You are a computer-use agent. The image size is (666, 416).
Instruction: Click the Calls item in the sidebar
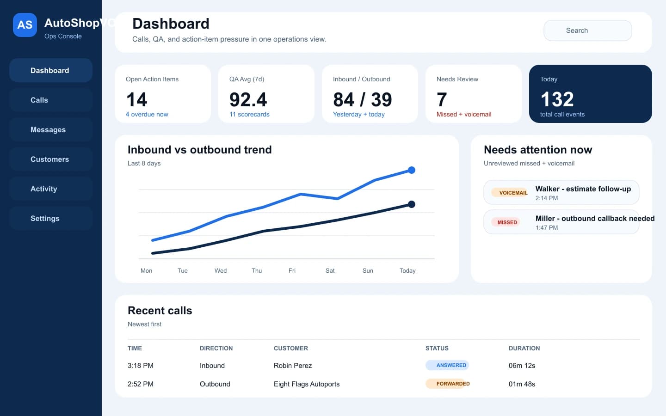point(50,100)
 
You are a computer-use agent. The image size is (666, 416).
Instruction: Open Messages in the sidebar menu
point(50,130)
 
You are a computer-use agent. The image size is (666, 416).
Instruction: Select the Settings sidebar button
point(50,219)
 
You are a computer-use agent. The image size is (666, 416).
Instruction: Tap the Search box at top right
point(587,31)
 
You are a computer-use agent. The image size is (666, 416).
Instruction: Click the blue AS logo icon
point(25,25)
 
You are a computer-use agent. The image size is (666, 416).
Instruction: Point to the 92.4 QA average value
point(248,100)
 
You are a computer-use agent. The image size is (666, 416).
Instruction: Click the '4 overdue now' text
point(147,115)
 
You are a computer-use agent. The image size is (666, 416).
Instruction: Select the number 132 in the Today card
point(557,99)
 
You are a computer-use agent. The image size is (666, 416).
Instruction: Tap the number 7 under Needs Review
point(442,100)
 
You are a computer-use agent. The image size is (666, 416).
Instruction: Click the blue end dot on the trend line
point(412,170)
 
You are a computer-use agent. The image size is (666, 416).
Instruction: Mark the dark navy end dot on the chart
point(412,204)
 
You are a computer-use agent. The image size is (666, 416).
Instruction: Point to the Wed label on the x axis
point(221,271)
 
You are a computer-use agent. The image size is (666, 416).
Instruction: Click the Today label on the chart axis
point(407,271)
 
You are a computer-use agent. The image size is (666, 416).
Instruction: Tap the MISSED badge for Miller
point(507,222)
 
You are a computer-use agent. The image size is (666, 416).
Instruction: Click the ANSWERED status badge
point(448,365)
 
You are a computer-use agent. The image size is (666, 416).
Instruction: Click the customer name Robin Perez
point(293,366)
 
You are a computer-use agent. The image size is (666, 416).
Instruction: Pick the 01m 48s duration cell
point(522,384)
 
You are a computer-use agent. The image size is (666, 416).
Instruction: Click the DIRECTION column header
point(216,349)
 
